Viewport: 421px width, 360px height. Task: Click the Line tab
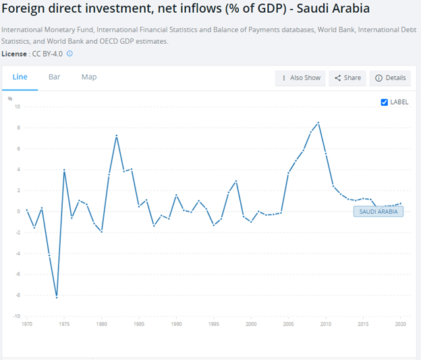tap(20, 77)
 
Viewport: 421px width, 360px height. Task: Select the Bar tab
tap(55, 77)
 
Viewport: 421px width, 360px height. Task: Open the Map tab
tap(89, 77)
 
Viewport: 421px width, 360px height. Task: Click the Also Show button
tap(301, 78)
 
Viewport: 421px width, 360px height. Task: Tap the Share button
tap(348, 78)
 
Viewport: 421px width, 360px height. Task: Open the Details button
tap(391, 78)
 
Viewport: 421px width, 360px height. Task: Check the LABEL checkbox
tap(385, 102)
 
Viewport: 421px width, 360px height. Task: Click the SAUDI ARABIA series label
tap(378, 211)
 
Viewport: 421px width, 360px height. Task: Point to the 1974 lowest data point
tap(57, 297)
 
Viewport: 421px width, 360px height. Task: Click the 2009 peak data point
tap(318, 123)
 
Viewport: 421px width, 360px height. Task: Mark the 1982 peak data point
tap(117, 136)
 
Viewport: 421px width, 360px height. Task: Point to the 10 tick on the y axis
tap(18, 107)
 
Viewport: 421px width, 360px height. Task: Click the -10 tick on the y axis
tap(17, 316)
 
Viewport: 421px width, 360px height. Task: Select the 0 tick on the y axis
tap(19, 211)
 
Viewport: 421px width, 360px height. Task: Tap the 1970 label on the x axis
tap(27, 324)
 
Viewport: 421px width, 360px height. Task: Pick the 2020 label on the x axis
tap(401, 324)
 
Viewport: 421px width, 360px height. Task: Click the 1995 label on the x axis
tap(214, 324)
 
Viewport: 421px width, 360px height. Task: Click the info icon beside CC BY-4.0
tap(69, 53)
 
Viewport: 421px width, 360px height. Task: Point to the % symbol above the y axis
tap(10, 98)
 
